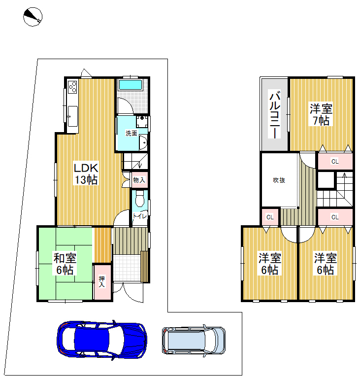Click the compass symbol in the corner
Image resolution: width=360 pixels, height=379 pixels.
pos(33,17)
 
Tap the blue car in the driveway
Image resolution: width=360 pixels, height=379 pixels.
pos(102,341)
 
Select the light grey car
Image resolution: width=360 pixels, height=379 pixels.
pos(194,341)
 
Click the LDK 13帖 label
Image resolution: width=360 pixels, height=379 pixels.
pos(86,173)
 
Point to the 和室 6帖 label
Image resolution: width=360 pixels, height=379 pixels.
pos(65,264)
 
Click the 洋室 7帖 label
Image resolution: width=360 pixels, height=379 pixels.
pos(321,114)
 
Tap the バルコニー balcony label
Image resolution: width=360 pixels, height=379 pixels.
pos(274,114)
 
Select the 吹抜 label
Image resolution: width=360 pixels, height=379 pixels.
pos(279,180)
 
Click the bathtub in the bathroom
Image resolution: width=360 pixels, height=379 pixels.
pos(131,85)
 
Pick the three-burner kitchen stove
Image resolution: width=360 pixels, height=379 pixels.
pos(73,87)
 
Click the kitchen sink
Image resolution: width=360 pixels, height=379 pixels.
pos(72,116)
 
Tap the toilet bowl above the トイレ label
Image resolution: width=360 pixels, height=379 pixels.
pos(139,198)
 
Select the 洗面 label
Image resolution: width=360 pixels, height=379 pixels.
pos(131,133)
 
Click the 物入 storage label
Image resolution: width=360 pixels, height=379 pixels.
pos(139,180)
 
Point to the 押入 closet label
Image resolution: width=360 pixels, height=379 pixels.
pos(102,281)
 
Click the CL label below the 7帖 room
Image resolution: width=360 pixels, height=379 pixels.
pos(335,161)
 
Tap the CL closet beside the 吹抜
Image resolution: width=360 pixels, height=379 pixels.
pos(270,217)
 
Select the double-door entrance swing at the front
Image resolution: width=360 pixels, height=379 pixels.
pos(128,292)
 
